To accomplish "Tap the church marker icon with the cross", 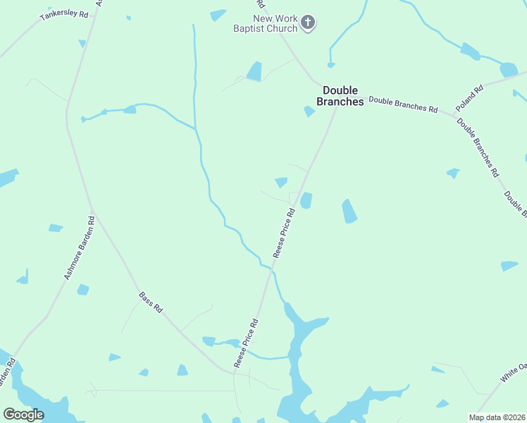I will [307, 23].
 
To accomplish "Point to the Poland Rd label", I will [469, 97].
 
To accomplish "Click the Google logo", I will [23, 415].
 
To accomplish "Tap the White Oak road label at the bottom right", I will [514, 372].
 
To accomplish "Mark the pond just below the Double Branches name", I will [309, 111].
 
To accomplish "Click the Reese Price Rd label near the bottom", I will [247, 343].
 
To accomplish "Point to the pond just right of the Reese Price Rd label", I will [306, 201].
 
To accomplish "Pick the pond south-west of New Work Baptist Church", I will [254, 71].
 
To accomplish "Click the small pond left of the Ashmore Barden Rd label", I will [55, 228].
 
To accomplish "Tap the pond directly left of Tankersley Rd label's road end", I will [82, 43].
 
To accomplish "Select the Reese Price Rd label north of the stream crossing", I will [283, 232].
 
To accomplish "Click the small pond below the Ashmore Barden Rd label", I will [83, 289].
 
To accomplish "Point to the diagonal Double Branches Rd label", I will [478, 147].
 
